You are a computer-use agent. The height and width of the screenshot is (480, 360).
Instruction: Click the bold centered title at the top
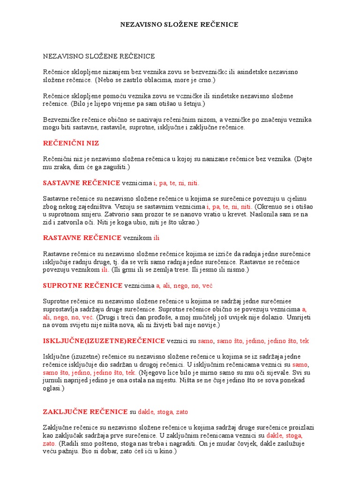pyautogui.click(x=180, y=24)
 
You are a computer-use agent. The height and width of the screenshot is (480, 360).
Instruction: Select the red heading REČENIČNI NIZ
pyautogui.click(x=71, y=143)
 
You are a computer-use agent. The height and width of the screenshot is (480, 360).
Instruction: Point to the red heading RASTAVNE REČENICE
pyautogui.click(x=82, y=238)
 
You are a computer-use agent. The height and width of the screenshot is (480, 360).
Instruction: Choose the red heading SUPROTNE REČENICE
pyautogui.click(x=82, y=285)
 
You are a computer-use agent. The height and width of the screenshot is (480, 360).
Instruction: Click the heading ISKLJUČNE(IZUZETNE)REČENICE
pyautogui.click(x=104, y=340)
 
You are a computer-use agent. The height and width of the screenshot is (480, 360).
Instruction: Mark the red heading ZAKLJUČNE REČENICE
pyautogui.click(x=85, y=412)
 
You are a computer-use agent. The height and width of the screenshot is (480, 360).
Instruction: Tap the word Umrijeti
pyautogui.click(x=297, y=317)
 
